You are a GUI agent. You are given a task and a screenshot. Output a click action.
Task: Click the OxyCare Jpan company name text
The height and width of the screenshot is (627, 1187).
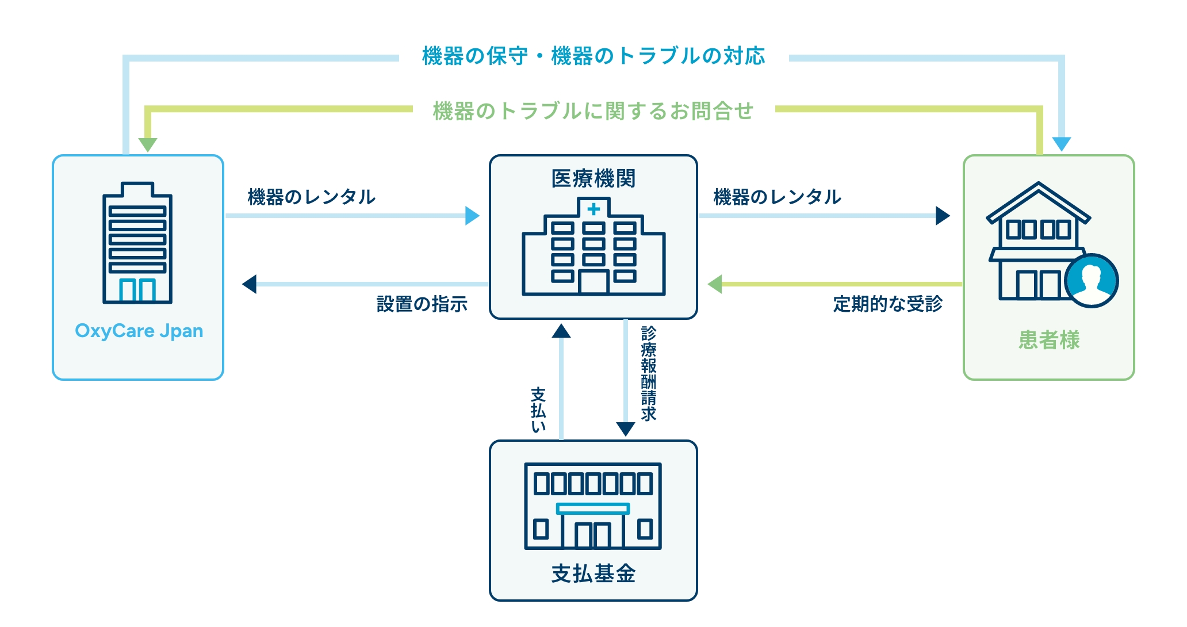(x=139, y=331)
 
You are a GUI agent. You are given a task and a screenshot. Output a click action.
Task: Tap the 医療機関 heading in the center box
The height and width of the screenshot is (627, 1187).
(x=593, y=178)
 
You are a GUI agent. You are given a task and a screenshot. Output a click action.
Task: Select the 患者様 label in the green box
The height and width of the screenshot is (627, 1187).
(x=1049, y=340)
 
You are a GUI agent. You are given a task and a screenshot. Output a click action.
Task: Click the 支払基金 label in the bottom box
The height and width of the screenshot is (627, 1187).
(x=593, y=574)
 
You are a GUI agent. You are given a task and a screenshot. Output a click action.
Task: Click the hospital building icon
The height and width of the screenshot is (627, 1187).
(x=593, y=247)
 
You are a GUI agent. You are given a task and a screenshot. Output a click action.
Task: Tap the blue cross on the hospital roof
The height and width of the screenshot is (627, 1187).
(x=593, y=209)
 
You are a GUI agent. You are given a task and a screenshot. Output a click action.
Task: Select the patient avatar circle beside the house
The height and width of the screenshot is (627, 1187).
(x=1090, y=281)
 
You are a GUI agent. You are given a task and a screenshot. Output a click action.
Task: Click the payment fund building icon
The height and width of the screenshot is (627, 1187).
(x=593, y=506)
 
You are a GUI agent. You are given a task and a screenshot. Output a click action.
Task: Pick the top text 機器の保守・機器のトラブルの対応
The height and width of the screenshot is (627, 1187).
(x=593, y=56)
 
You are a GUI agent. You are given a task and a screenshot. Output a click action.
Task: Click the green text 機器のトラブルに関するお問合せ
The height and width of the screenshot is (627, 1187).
(x=593, y=110)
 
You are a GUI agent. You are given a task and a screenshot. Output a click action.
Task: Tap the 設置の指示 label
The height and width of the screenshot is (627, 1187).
(x=422, y=304)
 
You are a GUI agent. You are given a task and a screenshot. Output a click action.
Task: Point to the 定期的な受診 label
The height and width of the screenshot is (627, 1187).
(x=887, y=304)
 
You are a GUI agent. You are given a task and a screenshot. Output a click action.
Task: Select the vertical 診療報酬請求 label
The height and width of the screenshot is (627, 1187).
(x=649, y=374)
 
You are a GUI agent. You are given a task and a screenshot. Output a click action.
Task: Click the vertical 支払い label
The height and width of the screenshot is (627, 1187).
(x=538, y=410)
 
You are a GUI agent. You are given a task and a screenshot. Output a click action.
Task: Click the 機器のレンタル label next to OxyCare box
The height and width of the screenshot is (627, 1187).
(x=311, y=197)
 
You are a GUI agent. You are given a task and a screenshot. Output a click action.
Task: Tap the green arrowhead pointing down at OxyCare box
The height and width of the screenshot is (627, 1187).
(x=148, y=144)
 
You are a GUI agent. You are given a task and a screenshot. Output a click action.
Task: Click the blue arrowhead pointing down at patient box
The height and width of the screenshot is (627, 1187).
(x=1061, y=143)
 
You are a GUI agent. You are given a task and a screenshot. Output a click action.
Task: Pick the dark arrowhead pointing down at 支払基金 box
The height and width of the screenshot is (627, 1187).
(x=625, y=429)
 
